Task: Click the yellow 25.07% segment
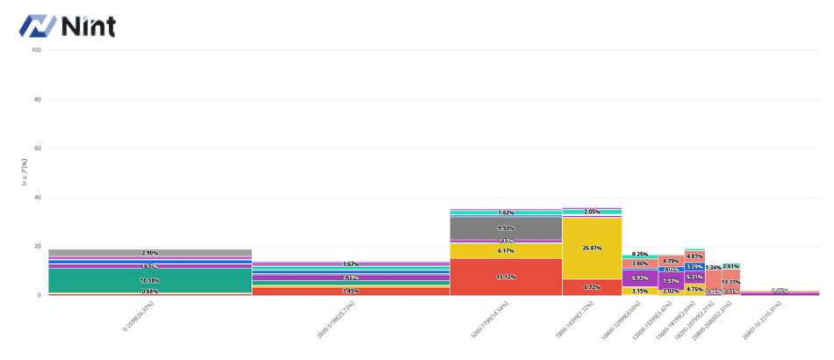pyautogui.click(x=592, y=248)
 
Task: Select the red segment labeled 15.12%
pyautogui.click(x=506, y=277)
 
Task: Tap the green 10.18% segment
pyautogui.click(x=149, y=280)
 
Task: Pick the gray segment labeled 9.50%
pyautogui.click(x=506, y=227)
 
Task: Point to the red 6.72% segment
pyautogui.click(x=592, y=287)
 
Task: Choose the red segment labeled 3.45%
pyautogui.click(x=350, y=291)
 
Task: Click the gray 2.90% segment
pyautogui.click(x=149, y=253)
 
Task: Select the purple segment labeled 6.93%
pyautogui.click(x=640, y=277)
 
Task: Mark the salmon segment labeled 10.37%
pyautogui.click(x=730, y=282)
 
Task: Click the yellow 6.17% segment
pyautogui.click(x=506, y=251)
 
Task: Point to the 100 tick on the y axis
pyautogui.click(x=36, y=50)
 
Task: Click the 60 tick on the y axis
pyautogui.click(x=38, y=148)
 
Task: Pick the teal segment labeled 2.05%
pyautogui.click(x=592, y=212)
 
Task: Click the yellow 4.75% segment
pyautogui.click(x=694, y=288)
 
